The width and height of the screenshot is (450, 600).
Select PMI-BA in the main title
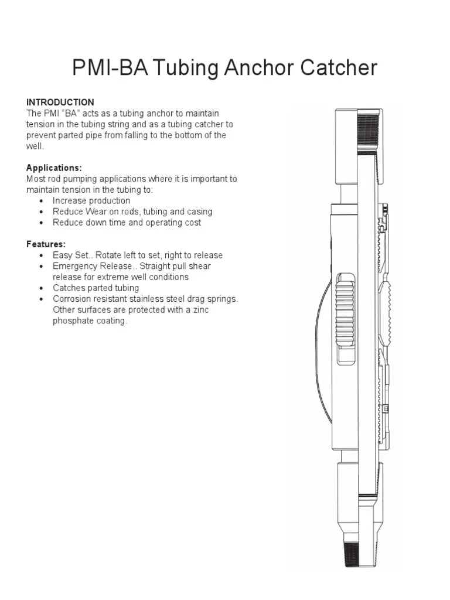click(108, 69)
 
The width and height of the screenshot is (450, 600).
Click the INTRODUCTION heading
click(60, 102)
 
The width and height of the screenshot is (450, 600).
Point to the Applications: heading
click(54, 168)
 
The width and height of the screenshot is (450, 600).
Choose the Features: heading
click(46, 244)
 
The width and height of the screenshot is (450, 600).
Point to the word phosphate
click(74, 321)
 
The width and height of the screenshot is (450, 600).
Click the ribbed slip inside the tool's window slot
click(345, 316)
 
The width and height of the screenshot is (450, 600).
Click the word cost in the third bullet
click(191, 223)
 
